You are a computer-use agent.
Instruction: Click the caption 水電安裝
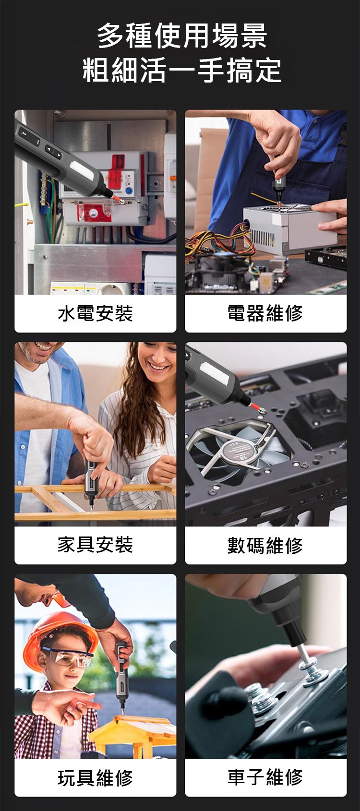pos(95,313)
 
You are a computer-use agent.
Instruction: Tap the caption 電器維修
pos(265,313)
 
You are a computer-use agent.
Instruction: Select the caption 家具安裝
pos(95,545)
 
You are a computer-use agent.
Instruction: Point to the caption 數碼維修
pos(265,545)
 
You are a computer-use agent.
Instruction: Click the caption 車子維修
pos(265,777)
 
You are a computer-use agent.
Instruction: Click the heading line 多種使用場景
pos(182,36)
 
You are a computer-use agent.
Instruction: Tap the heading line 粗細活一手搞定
pos(182,70)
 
